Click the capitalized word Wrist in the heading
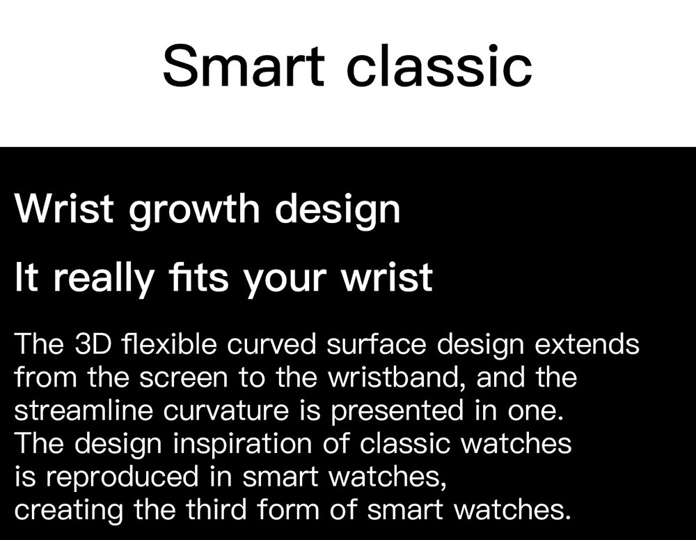[x=64, y=208]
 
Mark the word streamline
[x=84, y=410]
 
